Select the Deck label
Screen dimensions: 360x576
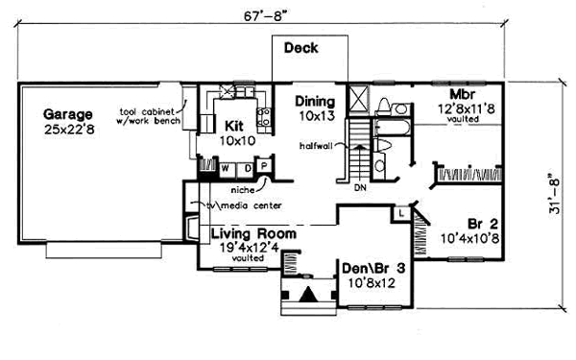coord(301,49)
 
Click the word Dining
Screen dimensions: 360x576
coord(315,101)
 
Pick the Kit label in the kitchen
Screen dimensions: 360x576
coord(235,126)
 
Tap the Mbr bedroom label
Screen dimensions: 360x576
coord(465,93)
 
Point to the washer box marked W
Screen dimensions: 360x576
coord(226,169)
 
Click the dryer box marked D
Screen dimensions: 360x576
coord(246,169)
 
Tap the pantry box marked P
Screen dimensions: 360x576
coord(264,169)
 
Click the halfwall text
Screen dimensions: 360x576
coord(318,145)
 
